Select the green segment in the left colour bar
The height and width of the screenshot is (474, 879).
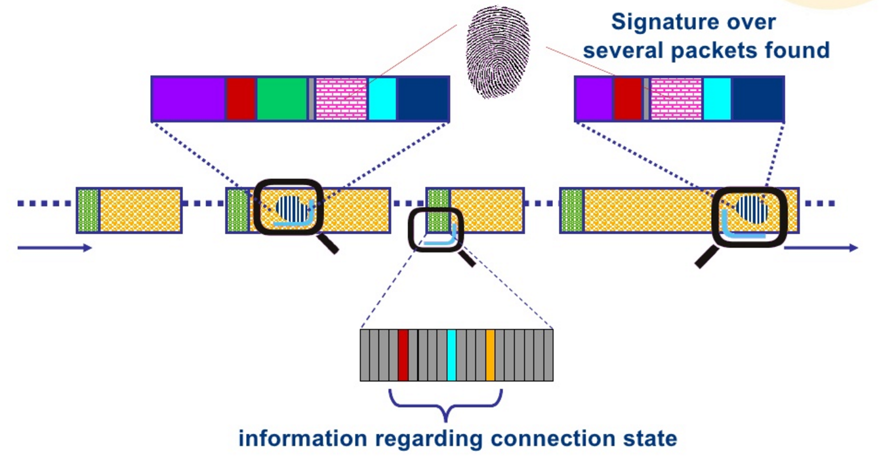pos(281,99)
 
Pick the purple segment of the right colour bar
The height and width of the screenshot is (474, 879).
pos(594,99)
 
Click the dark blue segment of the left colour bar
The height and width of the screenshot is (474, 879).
pos(422,99)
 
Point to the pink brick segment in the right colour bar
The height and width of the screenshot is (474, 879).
pos(676,99)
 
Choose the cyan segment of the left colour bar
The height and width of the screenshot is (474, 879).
pos(382,99)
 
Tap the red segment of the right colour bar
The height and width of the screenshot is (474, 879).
pos(628,99)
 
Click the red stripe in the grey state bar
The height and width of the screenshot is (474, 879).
pos(403,355)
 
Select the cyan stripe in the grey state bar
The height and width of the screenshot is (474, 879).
pos(451,355)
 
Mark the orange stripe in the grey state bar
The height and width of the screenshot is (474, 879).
pos(490,355)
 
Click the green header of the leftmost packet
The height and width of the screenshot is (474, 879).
pos(88,210)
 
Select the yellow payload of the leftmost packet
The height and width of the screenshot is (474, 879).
pos(140,210)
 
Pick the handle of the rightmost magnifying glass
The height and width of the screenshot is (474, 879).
pos(706,257)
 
